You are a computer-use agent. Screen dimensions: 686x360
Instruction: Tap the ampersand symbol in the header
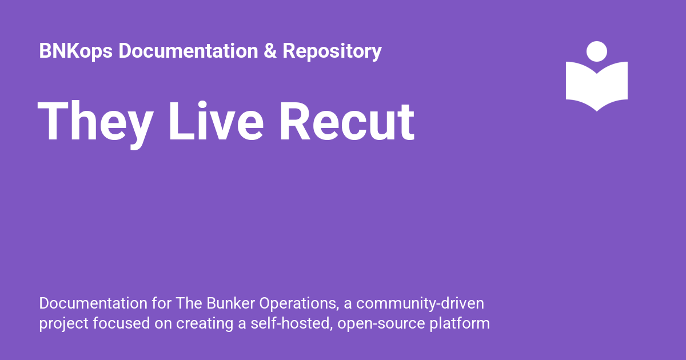coord(270,50)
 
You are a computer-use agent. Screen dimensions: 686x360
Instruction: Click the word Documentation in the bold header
coord(188,50)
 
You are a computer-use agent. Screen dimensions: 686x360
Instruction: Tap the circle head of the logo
coord(597,51)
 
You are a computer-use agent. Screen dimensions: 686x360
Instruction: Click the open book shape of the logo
coord(597,86)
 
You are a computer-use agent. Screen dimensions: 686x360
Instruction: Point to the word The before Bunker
coord(189,303)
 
